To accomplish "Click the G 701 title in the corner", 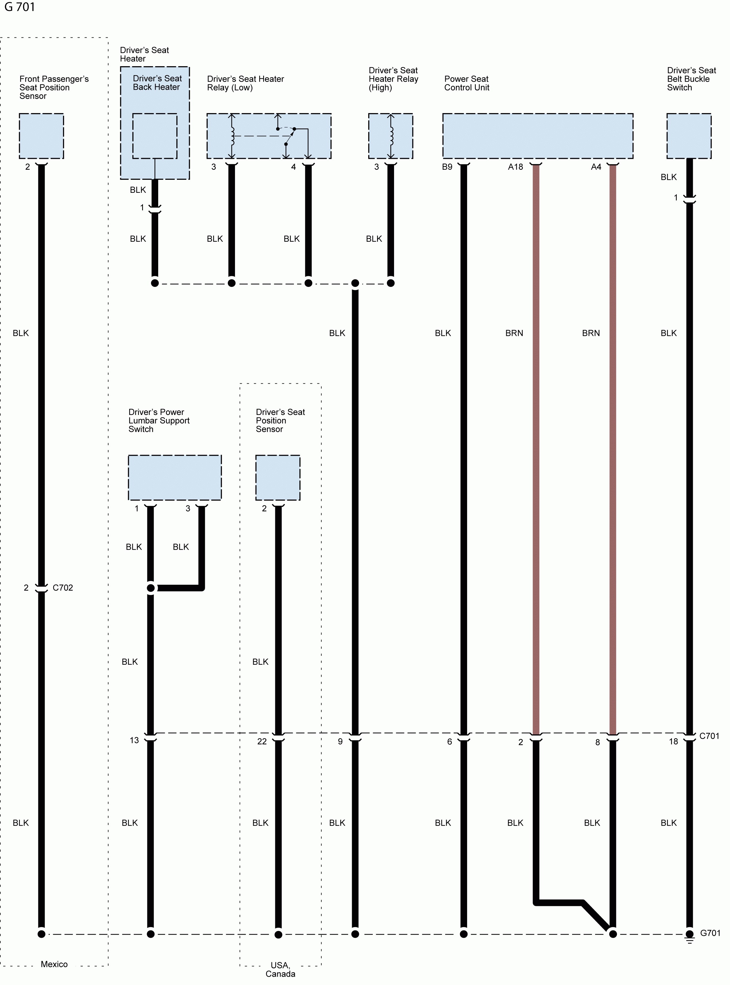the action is [20, 7].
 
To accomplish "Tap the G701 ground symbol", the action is [689, 936].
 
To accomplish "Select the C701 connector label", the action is [709, 736].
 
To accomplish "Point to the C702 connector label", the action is [63, 588].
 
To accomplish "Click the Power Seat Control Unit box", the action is [538, 136].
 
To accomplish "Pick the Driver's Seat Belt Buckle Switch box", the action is [689, 136].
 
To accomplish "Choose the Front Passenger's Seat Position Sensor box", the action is [41, 136].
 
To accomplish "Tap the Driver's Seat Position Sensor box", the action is [278, 477].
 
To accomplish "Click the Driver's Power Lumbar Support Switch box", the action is [175, 477].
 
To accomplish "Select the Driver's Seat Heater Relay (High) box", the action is [391, 136].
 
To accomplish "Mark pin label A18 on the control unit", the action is [515, 167].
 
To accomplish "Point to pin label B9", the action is [447, 167].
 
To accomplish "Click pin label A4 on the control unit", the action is [596, 167].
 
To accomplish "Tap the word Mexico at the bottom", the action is [54, 964].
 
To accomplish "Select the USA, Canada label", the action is [280, 969].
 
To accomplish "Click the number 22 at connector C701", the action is [262, 741].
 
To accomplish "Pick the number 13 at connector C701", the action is [134, 740].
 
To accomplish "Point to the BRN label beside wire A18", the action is [514, 333].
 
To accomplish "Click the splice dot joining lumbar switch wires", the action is [151, 588].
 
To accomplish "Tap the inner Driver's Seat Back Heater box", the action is [155, 136].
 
